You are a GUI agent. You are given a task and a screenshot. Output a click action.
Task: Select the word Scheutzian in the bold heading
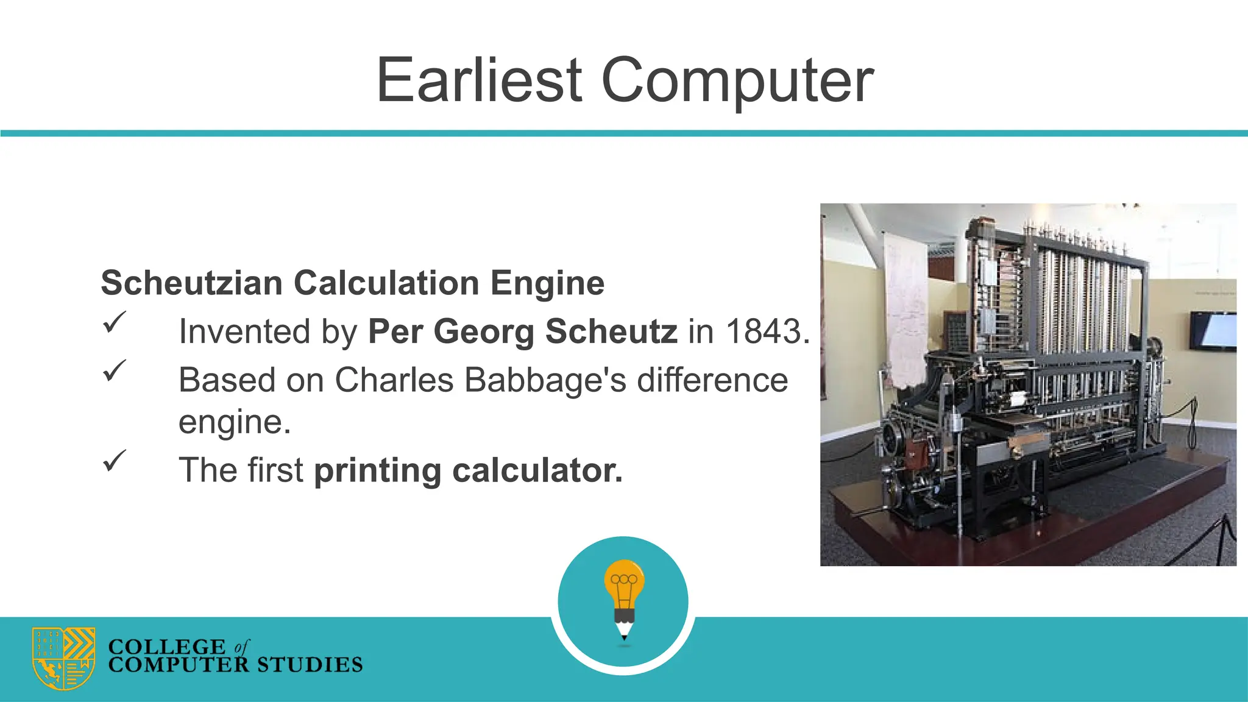(x=191, y=283)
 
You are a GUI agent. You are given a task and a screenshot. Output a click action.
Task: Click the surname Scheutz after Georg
(x=611, y=332)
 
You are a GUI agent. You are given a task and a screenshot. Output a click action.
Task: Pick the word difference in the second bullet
(x=712, y=380)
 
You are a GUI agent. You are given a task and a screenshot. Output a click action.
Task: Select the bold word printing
(x=377, y=471)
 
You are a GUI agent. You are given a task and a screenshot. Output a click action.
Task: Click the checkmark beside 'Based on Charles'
(x=114, y=370)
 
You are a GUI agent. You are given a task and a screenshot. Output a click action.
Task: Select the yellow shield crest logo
(x=64, y=658)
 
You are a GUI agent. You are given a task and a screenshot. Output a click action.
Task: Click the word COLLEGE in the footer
(x=166, y=647)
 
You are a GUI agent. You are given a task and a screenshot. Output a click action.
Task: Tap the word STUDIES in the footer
(x=310, y=665)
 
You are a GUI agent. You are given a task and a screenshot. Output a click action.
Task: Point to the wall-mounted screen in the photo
(x=1213, y=331)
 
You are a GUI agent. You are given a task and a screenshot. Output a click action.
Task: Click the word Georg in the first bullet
(x=484, y=332)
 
